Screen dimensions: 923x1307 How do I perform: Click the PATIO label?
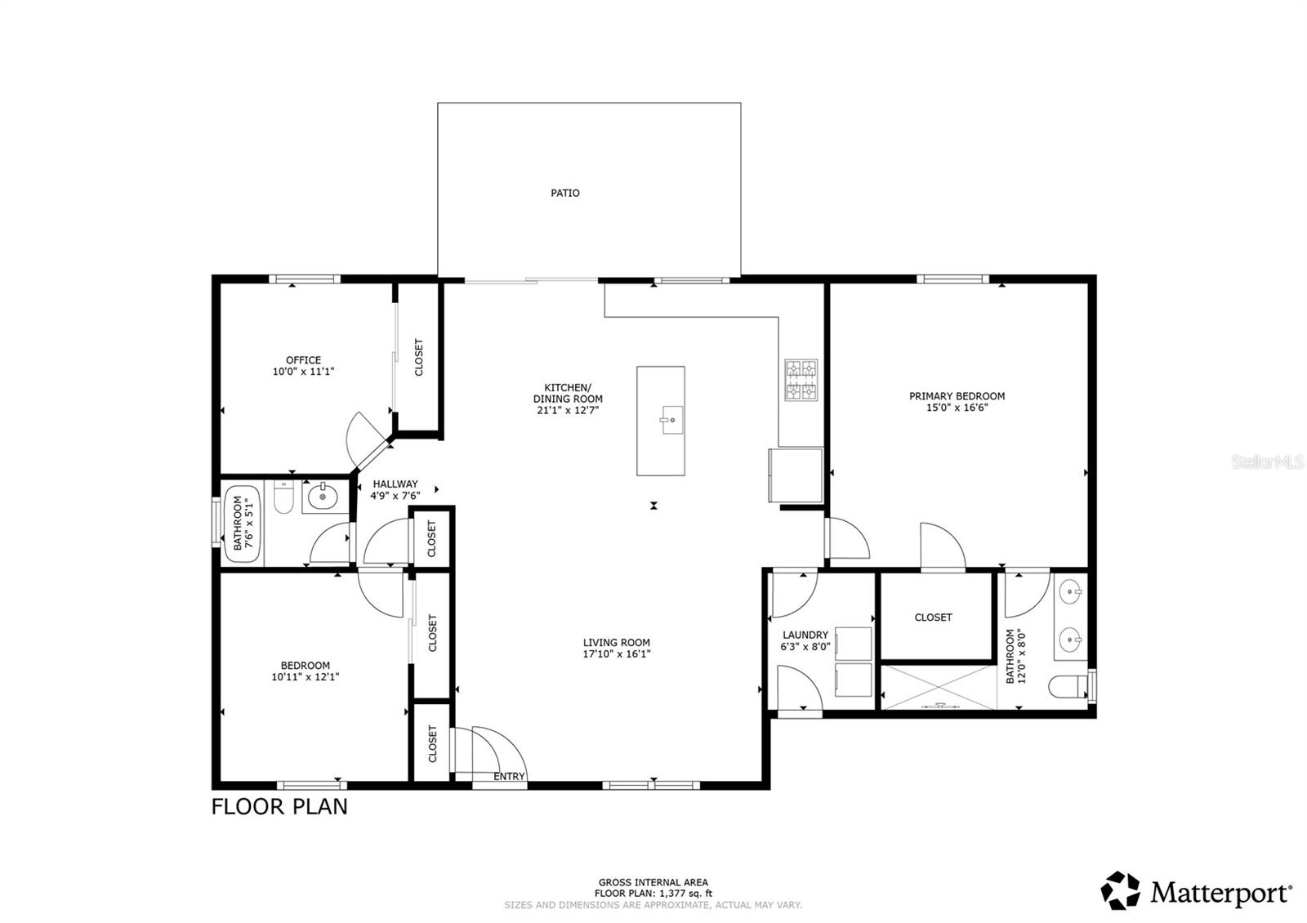click(564, 194)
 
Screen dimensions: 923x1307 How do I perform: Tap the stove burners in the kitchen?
click(801, 381)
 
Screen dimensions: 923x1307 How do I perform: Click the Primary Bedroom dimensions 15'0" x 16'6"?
click(957, 408)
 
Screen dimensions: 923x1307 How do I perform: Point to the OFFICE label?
click(303, 360)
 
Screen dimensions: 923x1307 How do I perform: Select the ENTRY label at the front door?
click(509, 777)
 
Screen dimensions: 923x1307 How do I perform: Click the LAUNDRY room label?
click(805, 635)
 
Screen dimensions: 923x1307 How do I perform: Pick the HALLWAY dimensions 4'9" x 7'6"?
click(395, 496)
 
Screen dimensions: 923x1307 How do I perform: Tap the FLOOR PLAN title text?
click(279, 807)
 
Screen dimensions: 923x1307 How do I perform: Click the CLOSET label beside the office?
click(419, 357)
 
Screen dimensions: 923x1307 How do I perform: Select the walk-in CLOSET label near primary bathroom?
click(933, 618)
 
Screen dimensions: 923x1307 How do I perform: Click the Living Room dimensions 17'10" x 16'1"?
click(616, 653)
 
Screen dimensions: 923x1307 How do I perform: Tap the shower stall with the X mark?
click(938, 687)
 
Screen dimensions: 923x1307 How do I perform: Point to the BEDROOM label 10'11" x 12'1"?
click(305, 666)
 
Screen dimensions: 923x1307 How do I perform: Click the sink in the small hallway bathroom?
click(323, 495)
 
